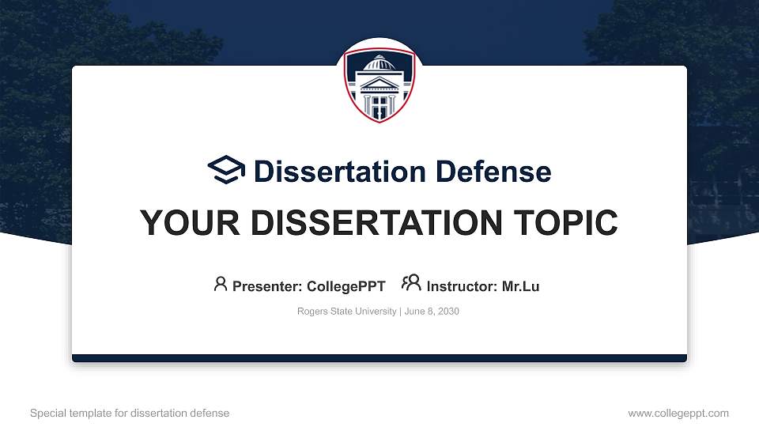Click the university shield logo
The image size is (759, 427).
pos(379,85)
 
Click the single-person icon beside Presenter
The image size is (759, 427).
pos(221,284)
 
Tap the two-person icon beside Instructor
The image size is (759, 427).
pos(411,284)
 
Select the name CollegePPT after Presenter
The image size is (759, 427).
pos(346,286)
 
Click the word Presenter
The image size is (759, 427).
pos(262,286)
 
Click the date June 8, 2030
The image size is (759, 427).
pos(432,312)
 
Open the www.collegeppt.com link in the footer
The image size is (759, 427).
pos(678,414)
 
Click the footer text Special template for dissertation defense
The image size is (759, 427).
pos(130,414)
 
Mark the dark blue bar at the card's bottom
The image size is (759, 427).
pos(379,358)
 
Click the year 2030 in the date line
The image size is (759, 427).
pos(447,312)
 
